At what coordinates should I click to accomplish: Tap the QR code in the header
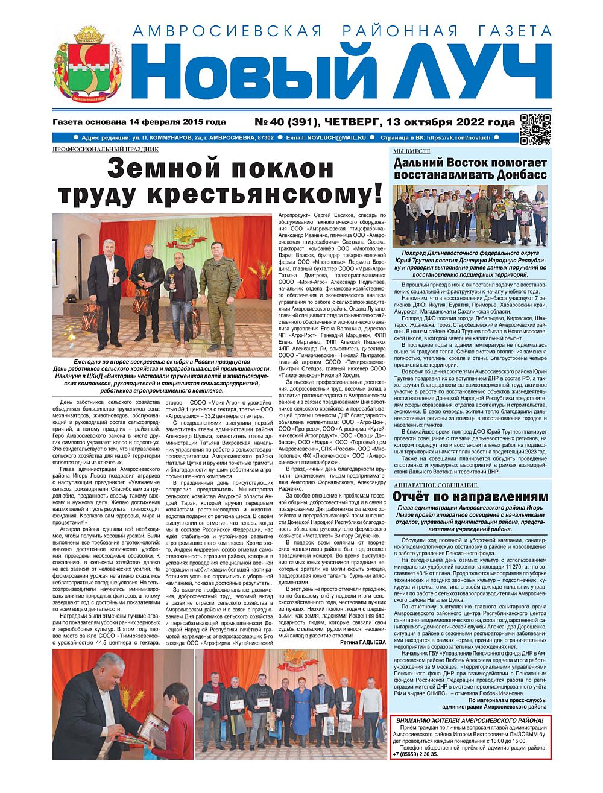[x=535, y=129]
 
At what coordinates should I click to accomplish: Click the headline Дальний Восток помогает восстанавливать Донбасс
[x=470, y=169]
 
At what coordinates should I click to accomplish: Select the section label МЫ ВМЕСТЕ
[x=412, y=151]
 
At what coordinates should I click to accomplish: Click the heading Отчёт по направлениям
[x=470, y=497]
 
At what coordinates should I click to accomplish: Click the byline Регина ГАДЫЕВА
[x=361, y=643]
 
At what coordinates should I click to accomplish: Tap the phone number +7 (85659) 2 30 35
[x=415, y=754]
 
